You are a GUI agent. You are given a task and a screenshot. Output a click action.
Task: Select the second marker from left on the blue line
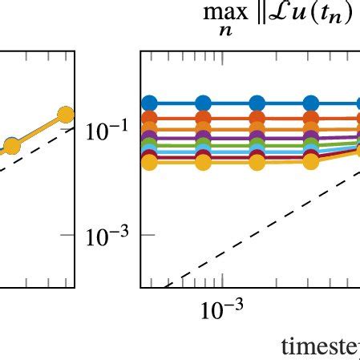coord(203,103)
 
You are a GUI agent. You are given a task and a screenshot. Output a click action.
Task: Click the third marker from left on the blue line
coord(257,103)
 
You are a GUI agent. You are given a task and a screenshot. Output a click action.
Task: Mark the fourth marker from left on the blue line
coord(310,103)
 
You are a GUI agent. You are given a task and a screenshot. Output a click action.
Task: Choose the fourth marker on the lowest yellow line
coord(310,162)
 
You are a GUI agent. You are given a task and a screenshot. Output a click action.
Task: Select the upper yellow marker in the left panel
coord(65,115)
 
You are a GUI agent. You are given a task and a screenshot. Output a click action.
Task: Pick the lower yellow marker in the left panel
coord(11,145)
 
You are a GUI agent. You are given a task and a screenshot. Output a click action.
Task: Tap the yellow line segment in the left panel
coord(38,130)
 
